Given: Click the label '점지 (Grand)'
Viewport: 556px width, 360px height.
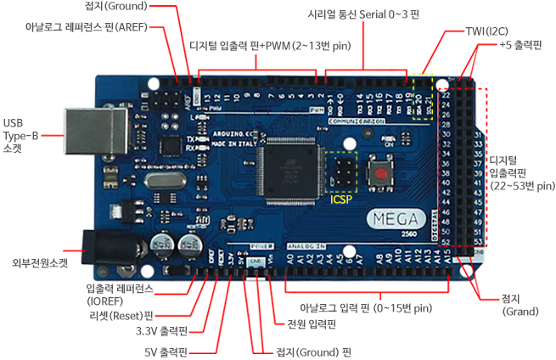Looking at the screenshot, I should pos(519,305).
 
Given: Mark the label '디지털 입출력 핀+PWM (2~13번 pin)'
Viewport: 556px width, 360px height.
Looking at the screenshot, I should pos(269,46).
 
